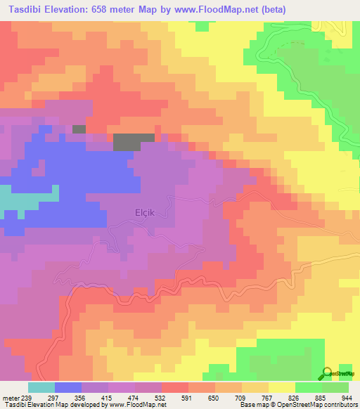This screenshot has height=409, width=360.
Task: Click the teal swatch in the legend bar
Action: [x=41, y=387]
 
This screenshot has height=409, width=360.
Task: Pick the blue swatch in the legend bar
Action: [x=68, y=387]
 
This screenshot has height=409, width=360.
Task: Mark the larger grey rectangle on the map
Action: [x=134, y=141]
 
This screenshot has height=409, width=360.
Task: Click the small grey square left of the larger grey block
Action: [x=79, y=129]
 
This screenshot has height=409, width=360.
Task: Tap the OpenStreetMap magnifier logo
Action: [x=328, y=374]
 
